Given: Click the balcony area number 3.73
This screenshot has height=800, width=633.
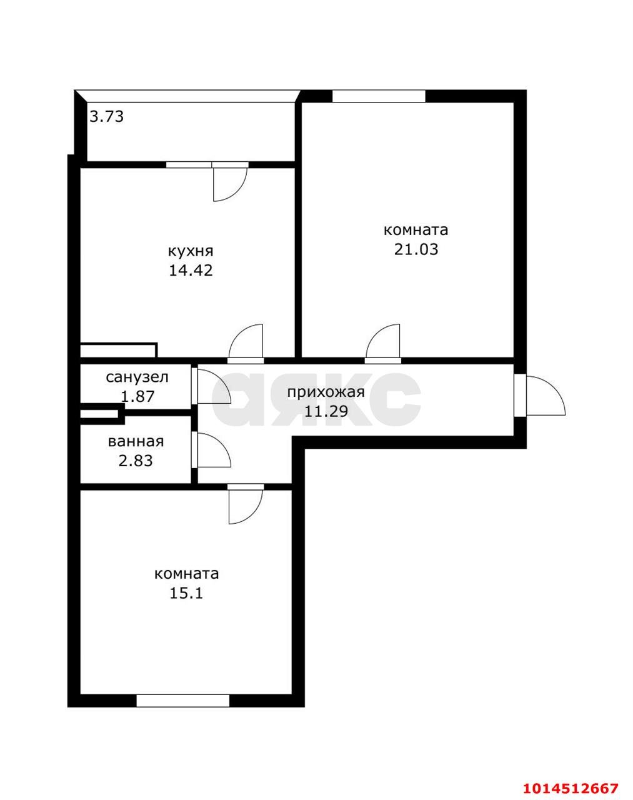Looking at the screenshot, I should click(x=106, y=116).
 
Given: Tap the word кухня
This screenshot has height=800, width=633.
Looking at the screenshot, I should click(x=191, y=251).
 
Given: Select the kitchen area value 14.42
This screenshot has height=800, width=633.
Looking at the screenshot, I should click(x=191, y=271).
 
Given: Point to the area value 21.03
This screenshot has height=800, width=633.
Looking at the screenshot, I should click(x=416, y=249).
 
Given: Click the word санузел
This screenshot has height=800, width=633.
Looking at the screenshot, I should click(x=137, y=377).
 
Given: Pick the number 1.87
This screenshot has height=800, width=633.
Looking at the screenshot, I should click(x=137, y=396).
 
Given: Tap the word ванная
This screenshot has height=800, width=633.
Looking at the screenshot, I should click(x=136, y=442).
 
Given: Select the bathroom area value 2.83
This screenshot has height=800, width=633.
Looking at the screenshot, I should click(x=136, y=461).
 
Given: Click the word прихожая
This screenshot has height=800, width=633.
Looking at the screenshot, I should click(x=326, y=392).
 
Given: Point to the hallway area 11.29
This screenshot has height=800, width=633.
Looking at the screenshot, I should click(x=326, y=411).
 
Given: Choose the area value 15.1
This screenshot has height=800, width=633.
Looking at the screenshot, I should click(x=186, y=592).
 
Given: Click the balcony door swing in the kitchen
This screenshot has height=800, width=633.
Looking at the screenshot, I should click(x=229, y=184).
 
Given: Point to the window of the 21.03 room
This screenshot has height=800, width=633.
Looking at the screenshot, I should click(x=379, y=96).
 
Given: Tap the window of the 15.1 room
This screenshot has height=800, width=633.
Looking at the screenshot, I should click(x=183, y=701).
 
